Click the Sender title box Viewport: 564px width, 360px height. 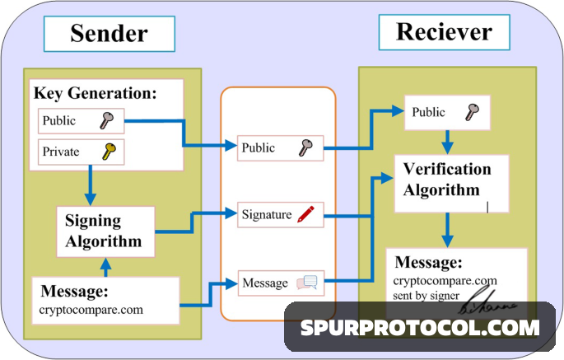[x=109, y=34]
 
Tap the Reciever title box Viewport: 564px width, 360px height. [x=444, y=33]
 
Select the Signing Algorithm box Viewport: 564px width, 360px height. [x=104, y=231]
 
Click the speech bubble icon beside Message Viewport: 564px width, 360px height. [x=306, y=283]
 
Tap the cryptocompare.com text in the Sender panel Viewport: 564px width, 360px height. [x=91, y=311]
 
